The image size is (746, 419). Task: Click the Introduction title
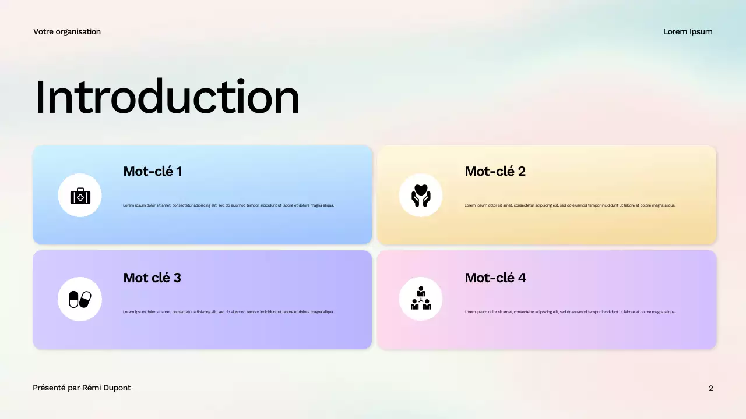[167, 97]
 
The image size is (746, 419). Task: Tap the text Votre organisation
[67, 31]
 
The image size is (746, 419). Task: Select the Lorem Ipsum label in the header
[688, 31]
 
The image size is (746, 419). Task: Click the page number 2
[710, 388]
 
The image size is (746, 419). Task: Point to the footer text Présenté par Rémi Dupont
[82, 388]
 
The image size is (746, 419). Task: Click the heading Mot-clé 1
[152, 171]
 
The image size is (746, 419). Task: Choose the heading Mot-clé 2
[495, 171]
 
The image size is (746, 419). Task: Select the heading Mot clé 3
[152, 278]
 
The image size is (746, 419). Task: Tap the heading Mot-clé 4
[495, 278]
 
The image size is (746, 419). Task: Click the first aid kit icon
[80, 196]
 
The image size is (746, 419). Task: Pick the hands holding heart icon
[420, 196]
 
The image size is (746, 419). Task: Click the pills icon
[80, 299]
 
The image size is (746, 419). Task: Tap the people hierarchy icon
[420, 299]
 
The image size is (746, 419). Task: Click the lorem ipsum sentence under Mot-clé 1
[228, 205]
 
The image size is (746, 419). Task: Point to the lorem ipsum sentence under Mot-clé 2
[570, 205]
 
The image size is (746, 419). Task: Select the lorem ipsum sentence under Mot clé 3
[228, 312]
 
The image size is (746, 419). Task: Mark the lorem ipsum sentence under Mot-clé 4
[570, 312]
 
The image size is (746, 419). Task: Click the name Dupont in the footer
[117, 388]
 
